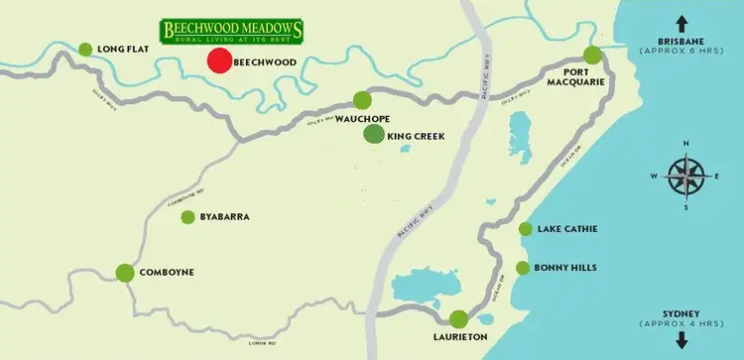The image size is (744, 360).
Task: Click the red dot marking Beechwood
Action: click(x=219, y=60)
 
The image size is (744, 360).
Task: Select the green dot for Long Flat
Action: click(x=85, y=49)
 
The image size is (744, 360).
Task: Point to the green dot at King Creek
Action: click(x=374, y=135)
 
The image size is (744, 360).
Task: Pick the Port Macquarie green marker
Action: click(x=592, y=55)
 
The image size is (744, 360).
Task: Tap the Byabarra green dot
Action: click(x=187, y=216)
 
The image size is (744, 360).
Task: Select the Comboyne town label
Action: click(x=167, y=272)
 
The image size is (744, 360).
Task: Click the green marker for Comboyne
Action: click(x=125, y=272)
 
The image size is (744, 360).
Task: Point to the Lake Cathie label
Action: click(x=566, y=230)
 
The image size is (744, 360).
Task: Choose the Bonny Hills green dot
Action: click(x=523, y=268)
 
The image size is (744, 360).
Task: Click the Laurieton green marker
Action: click(x=458, y=319)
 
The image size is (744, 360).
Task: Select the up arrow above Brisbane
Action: click(x=682, y=22)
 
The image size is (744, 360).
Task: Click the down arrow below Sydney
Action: click(x=682, y=340)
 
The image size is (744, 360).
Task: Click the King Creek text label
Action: click(x=416, y=136)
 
